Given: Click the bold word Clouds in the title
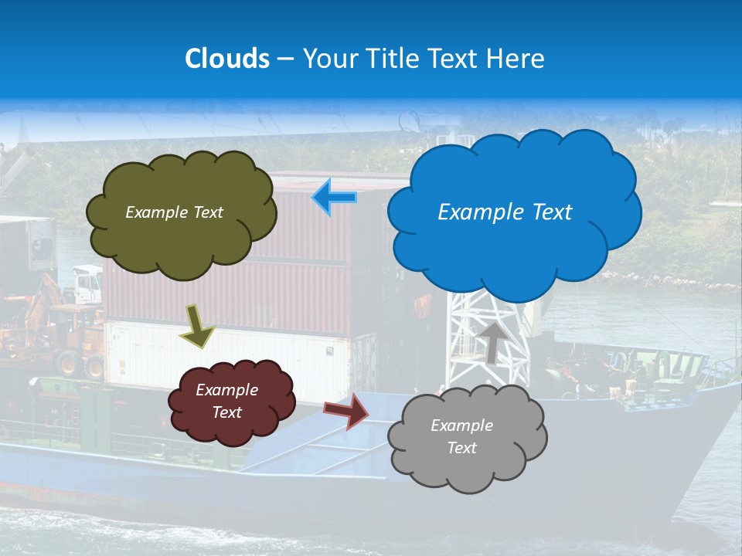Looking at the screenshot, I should [226, 59].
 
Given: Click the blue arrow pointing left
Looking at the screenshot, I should [334, 198].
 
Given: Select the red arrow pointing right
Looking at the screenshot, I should [347, 410].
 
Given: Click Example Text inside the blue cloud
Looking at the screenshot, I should [505, 212].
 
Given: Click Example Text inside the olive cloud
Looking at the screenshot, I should [174, 212].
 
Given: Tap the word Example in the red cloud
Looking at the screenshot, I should [226, 390].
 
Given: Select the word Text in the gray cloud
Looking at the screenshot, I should [461, 448].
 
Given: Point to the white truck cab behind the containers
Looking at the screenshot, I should [87, 284].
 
